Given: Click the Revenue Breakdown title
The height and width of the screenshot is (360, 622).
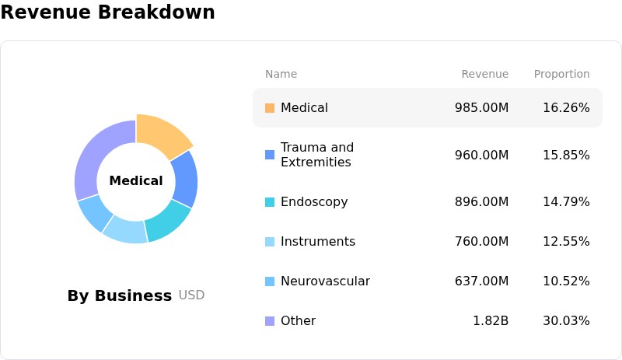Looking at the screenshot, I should click(107, 12).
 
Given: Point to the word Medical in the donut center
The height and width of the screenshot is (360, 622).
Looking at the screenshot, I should click(136, 181).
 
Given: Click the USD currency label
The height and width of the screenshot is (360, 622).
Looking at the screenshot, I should click(191, 295).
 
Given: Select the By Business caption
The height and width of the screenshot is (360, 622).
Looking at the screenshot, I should click(119, 295).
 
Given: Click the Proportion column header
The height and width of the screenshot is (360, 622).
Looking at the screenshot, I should click(561, 75).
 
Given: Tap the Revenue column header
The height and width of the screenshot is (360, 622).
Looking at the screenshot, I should click(484, 75).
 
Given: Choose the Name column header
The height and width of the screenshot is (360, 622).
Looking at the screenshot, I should click(281, 75).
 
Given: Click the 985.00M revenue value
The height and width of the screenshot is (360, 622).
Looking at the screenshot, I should click(481, 108).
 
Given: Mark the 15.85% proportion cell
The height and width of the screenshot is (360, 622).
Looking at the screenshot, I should click(566, 155).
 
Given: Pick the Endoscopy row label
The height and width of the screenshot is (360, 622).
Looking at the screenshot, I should click(314, 202).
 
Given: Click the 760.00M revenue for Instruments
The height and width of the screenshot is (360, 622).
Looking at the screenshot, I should click(481, 242).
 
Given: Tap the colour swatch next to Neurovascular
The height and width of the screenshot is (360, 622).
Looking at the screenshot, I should click(270, 281).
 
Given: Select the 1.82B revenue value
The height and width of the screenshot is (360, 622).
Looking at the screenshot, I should click(491, 321).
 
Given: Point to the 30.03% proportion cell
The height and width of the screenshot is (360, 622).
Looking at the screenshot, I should click(566, 321).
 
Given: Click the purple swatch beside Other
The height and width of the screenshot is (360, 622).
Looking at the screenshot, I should click(270, 321).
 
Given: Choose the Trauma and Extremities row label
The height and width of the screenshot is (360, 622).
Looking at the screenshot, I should click(316, 155).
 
